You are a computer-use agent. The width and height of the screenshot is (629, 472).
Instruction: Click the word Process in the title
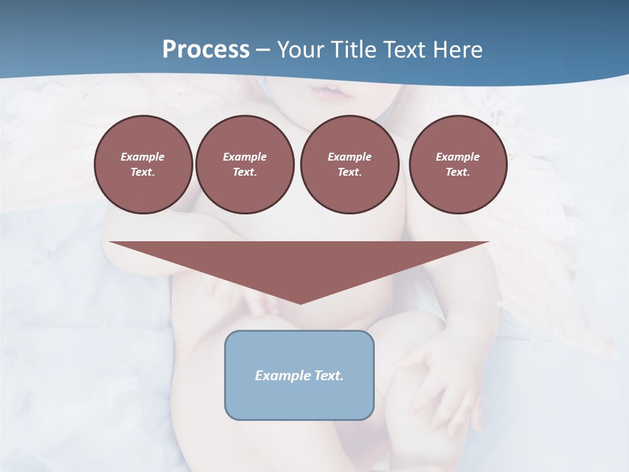tap(206, 50)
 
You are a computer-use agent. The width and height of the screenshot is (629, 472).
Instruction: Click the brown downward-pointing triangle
tap(299, 262)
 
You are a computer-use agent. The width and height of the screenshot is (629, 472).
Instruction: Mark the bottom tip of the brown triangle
tap(300, 302)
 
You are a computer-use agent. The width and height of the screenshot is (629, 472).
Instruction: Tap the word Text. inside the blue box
tap(330, 376)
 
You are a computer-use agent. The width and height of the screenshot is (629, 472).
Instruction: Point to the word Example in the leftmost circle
tap(143, 157)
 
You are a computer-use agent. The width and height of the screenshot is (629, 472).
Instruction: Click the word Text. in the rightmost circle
tap(458, 172)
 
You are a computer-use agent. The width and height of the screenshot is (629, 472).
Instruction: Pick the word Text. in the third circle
tap(350, 172)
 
